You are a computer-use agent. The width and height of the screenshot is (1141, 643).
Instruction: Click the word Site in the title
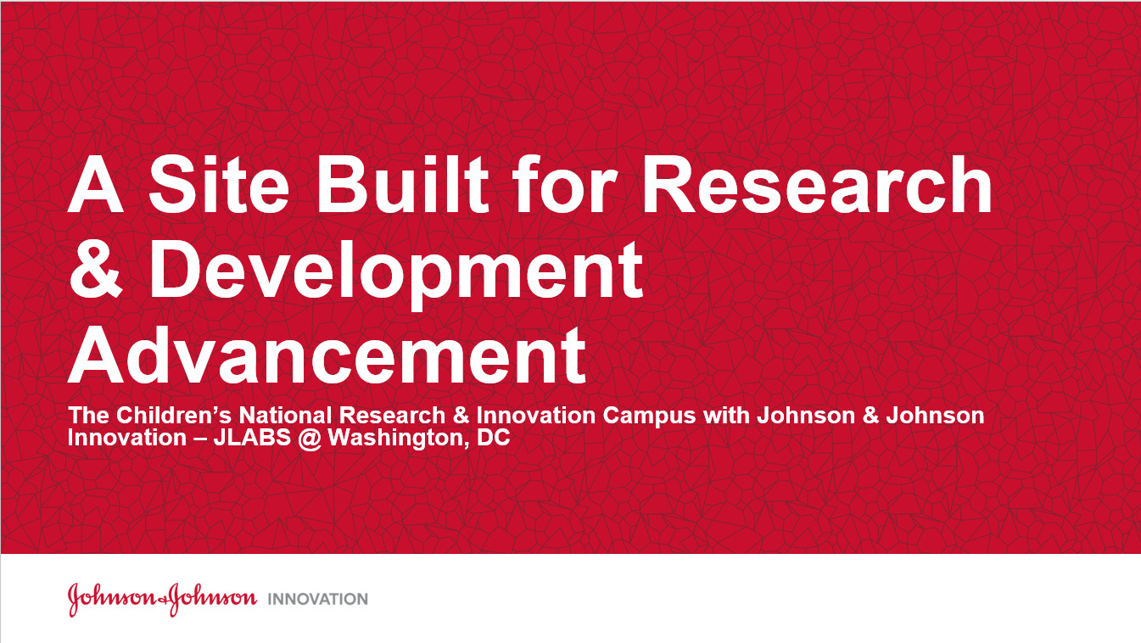(219, 183)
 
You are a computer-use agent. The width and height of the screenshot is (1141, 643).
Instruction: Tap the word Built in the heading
(402, 183)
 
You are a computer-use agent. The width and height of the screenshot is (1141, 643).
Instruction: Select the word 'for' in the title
(564, 183)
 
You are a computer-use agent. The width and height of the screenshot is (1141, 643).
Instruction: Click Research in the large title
(817, 183)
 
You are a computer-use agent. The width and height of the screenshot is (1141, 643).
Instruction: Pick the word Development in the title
(396, 274)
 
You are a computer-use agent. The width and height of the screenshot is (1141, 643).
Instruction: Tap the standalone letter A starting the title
(95, 183)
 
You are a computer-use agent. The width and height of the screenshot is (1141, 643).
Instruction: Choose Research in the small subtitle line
(392, 416)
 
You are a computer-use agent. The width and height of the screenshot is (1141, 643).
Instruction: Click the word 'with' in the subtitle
(726, 416)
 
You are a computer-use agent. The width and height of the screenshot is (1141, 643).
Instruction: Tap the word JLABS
(252, 438)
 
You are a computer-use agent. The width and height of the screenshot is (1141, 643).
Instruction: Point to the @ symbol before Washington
(309, 439)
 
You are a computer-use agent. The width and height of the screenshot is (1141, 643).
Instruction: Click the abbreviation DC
(493, 438)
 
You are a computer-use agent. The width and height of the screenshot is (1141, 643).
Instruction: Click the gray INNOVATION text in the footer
(318, 599)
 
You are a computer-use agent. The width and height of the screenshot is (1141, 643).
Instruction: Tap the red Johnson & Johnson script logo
(163, 599)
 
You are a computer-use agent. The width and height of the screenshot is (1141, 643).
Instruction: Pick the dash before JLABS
(200, 439)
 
